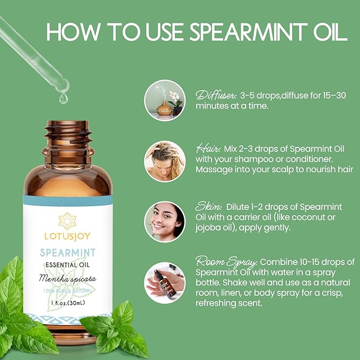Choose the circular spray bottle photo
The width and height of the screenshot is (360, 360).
165,283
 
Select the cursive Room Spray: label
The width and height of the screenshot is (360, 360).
226,262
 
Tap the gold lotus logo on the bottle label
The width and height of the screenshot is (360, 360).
67,218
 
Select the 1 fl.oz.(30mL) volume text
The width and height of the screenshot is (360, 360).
67,302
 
